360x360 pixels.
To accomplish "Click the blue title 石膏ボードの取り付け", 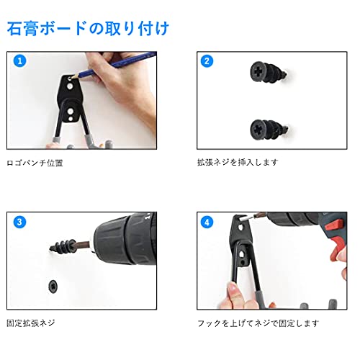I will coord(88,29).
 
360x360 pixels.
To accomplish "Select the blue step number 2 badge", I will coord(207,61).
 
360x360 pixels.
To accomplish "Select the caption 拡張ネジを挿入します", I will coord(238,163).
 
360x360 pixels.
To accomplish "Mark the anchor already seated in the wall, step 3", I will coord(55,284).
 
